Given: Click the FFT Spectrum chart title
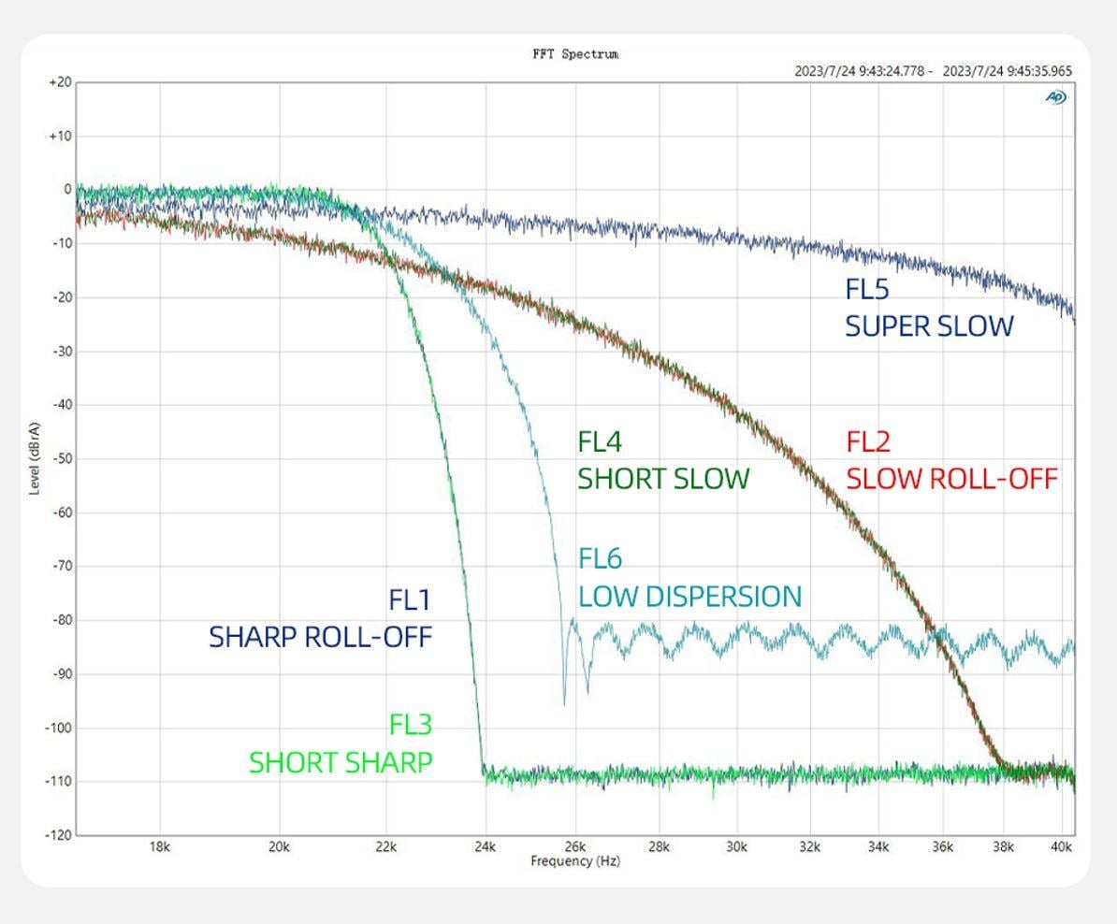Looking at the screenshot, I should click(575, 54).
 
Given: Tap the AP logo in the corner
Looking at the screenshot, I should click(1056, 97).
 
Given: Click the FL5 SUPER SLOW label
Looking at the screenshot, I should click(929, 308).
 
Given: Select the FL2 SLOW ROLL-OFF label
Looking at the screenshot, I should click(951, 460).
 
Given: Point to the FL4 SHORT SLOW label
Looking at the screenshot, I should click(663, 460).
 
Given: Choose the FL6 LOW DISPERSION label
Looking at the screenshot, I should click(689, 577).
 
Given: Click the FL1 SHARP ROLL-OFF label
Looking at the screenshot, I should click(320, 618).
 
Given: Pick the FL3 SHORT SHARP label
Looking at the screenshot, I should click(341, 744).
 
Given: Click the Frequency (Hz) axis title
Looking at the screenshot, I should click(575, 861).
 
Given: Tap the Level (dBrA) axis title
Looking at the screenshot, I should click(35, 457).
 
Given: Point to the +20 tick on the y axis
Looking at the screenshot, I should click(60, 82).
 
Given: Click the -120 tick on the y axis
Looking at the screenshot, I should click(58, 835).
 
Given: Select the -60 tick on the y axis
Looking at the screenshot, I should click(61, 513).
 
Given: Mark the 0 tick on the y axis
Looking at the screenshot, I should click(67, 190).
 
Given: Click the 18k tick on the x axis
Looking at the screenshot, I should click(160, 848).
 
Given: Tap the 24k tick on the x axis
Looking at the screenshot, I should click(484, 848).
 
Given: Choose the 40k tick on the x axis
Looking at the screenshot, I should click(1061, 848).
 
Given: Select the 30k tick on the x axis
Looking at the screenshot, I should click(737, 848).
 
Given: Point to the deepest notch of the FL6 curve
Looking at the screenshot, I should click(564, 703).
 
